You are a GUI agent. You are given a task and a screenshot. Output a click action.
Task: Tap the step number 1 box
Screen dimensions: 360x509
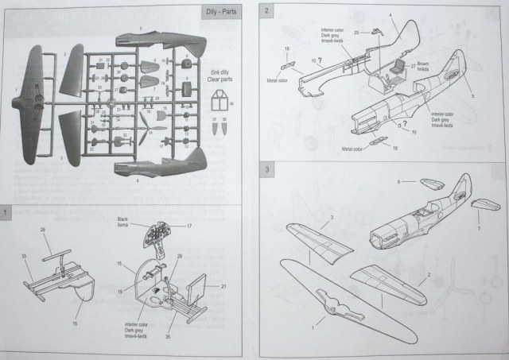[x=7, y=213]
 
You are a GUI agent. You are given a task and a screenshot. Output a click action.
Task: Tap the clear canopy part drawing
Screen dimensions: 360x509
[x=220, y=103]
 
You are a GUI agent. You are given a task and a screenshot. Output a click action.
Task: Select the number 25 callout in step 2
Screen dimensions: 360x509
[x=356, y=32]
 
